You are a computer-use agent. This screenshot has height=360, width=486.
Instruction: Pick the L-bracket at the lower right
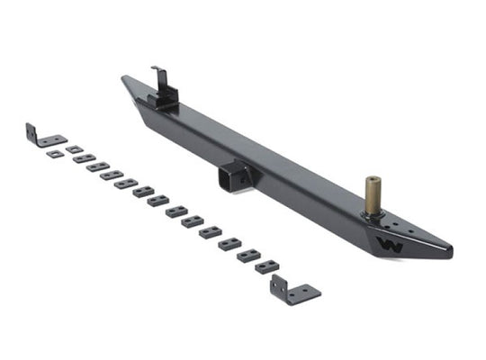(293, 292)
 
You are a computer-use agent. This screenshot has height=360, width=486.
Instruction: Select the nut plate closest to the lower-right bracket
(266, 266)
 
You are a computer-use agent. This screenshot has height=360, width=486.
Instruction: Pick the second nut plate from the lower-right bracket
(248, 256)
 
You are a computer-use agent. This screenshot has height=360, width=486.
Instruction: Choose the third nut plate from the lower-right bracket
(229, 244)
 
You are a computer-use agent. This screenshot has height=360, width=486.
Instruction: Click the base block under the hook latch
(166, 98)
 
